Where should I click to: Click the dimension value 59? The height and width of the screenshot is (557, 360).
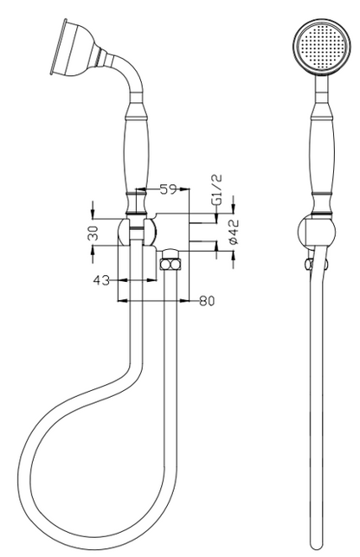point(168,189)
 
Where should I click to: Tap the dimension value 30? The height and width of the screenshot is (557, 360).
point(93,233)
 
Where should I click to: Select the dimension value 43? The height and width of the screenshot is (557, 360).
point(101,280)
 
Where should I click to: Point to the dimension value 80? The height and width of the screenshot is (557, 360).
point(207,301)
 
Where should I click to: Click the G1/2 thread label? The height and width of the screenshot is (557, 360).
point(216,189)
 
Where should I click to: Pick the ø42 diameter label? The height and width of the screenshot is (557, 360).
point(234,232)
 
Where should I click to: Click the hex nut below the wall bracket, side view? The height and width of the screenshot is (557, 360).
point(170,265)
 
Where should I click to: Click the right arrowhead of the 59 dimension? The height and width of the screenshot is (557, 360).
point(184,189)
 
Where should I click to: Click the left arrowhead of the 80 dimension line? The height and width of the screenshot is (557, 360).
point(123,301)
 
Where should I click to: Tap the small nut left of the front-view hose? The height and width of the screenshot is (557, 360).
point(308,265)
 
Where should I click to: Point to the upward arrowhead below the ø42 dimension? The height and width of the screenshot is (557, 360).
point(233,257)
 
